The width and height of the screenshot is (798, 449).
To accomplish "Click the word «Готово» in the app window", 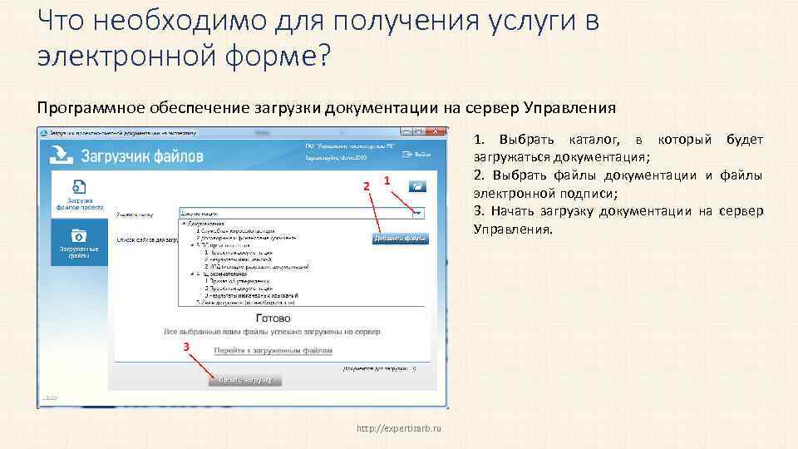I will pyautogui.click(x=273, y=318).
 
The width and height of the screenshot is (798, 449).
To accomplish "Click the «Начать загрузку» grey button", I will pyautogui.click(x=245, y=379).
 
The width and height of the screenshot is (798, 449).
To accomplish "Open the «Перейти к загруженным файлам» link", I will pyautogui.click(x=273, y=351).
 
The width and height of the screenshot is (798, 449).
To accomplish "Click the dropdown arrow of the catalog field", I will pyautogui.click(x=417, y=213).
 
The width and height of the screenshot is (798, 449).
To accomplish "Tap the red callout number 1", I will pyautogui.click(x=387, y=180).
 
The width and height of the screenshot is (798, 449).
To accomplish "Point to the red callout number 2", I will pyautogui.click(x=366, y=185).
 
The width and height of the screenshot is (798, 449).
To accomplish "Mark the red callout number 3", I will pyautogui.click(x=186, y=345).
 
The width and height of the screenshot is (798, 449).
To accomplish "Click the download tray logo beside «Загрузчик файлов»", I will pyautogui.click(x=62, y=154).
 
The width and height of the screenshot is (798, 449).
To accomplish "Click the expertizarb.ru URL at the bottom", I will pyautogui.click(x=398, y=428).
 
